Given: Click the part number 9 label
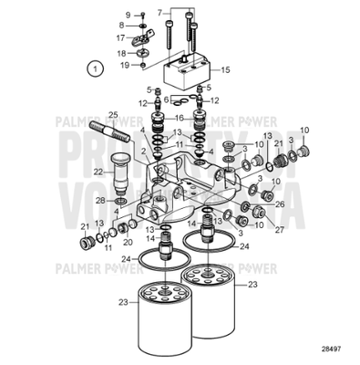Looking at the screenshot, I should point(129,16).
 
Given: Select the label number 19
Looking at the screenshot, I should point(122,66).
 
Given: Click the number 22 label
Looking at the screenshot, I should point(96,170).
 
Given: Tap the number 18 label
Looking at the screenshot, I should point(122,53).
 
